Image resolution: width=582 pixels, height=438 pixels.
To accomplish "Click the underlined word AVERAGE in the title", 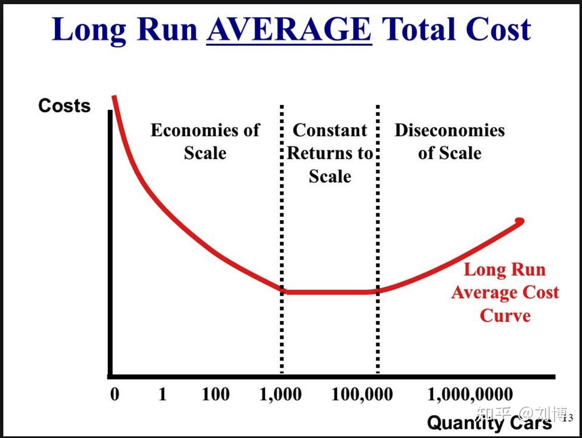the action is (289, 29).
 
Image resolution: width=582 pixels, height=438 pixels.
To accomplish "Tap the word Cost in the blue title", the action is (498, 29).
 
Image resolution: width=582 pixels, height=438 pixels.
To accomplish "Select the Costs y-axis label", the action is (65, 106).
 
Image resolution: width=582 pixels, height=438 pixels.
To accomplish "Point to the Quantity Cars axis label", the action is (489, 422).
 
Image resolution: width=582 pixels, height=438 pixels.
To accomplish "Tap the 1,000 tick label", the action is (281, 395).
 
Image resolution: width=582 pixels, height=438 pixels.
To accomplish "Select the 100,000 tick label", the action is (362, 395).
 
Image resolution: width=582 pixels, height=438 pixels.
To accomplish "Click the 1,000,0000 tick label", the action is (470, 395).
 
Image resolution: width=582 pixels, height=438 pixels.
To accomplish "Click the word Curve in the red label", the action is (505, 316).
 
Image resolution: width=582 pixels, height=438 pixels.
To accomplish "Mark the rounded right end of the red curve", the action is (520, 221).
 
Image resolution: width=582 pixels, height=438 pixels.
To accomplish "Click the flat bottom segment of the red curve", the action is (330, 292).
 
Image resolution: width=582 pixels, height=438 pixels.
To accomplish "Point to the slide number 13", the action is (568, 418).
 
